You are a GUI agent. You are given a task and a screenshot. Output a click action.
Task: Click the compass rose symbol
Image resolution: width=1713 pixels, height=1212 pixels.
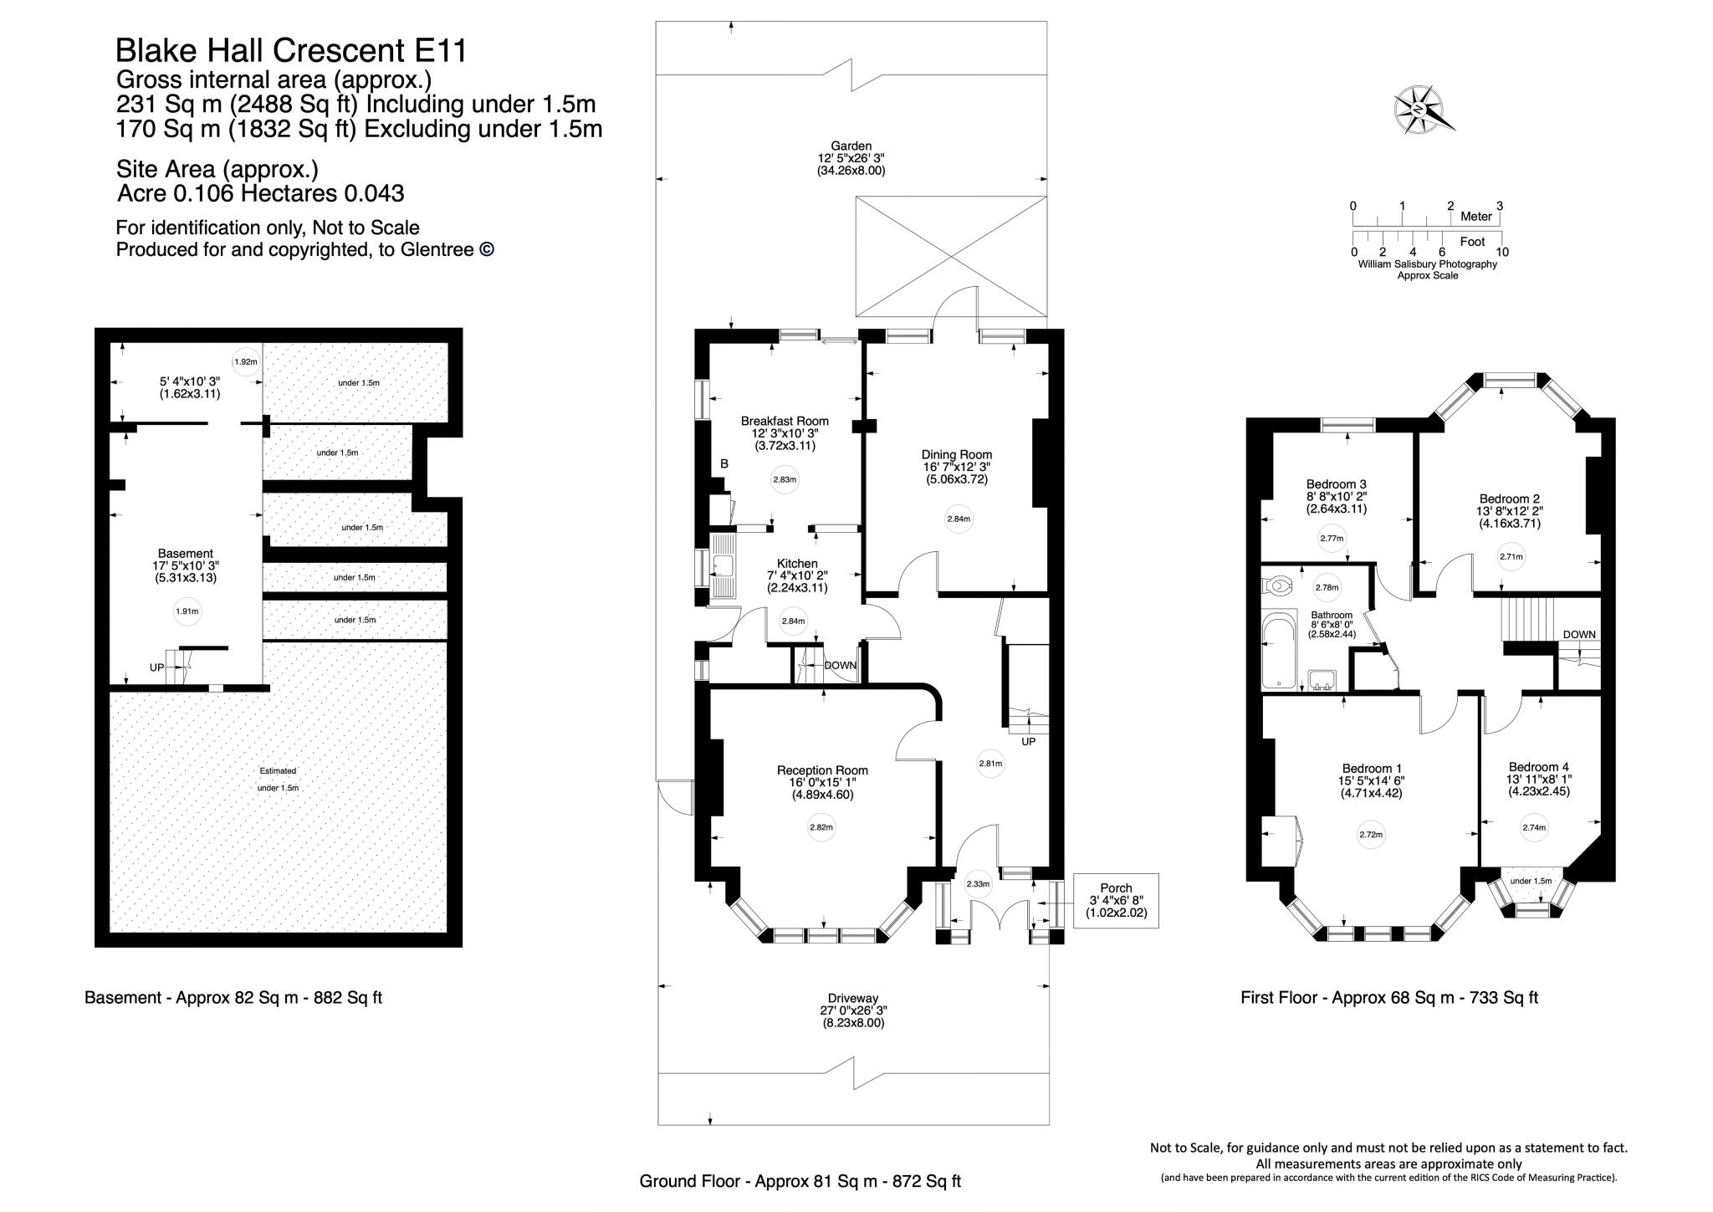click(1419, 110)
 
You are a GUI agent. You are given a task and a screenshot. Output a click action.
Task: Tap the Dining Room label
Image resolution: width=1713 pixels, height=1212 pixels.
click(957, 455)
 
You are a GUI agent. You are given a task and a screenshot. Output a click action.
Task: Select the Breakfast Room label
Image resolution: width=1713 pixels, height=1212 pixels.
click(785, 422)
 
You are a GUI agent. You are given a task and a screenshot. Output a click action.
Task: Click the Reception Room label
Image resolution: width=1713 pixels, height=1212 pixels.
click(822, 770)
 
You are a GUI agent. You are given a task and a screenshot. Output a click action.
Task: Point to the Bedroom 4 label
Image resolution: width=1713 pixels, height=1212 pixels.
click(1538, 767)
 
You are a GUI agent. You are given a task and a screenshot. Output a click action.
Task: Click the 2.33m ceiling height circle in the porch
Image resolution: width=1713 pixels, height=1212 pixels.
click(978, 884)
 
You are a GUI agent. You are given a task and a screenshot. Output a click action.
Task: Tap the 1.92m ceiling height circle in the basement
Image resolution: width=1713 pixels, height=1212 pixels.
click(245, 362)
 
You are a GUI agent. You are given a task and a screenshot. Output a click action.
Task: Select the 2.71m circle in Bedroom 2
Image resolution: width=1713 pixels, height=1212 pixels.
click(1511, 557)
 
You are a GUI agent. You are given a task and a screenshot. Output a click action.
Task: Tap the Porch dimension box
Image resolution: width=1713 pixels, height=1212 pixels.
click(1116, 901)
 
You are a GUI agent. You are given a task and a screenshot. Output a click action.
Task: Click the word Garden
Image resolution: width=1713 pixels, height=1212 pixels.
click(851, 146)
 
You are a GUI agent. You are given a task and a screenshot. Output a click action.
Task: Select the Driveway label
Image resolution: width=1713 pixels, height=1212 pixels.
click(853, 999)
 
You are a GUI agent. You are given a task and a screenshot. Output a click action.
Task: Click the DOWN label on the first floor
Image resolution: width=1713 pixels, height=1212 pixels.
click(1579, 635)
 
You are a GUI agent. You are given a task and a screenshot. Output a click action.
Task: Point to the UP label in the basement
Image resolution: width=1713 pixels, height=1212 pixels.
click(157, 667)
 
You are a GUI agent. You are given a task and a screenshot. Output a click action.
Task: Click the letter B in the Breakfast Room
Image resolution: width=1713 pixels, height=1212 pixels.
click(724, 463)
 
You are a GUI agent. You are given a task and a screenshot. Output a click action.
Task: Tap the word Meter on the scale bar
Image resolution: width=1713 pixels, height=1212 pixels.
click(1476, 217)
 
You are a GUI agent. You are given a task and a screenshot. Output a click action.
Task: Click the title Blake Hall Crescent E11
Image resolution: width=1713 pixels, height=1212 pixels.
click(291, 51)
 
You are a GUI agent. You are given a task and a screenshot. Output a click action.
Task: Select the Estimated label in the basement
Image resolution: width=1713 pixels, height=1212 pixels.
click(278, 771)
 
